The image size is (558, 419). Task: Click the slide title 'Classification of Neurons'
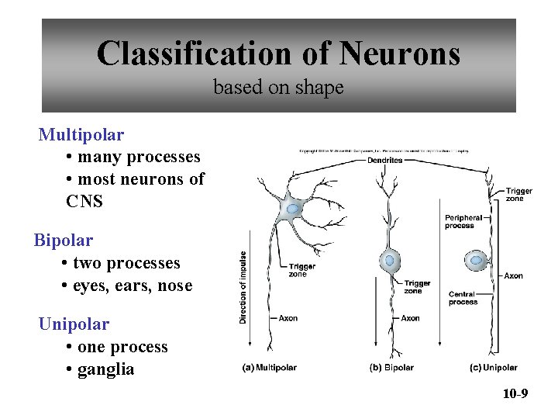(x=278, y=54)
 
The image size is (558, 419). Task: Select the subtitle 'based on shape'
(x=278, y=88)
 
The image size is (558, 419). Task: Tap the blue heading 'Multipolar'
(x=81, y=135)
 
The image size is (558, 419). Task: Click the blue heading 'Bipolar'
(x=64, y=241)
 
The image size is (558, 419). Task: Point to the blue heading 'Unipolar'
(x=74, y=324)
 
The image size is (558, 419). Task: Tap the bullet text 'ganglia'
(x=105, y=369)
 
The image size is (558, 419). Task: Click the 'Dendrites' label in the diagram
(x=385, y=161)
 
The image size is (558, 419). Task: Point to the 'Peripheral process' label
(x=463, y=221)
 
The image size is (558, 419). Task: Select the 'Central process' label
(x=463, y=298)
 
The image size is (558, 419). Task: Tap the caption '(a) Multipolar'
(x=269, y=368)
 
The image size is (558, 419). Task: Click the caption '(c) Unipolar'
(x=494, y=368)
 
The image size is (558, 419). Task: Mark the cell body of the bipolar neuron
(x=390, y=261)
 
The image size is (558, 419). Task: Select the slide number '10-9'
(x=515, y=395)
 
